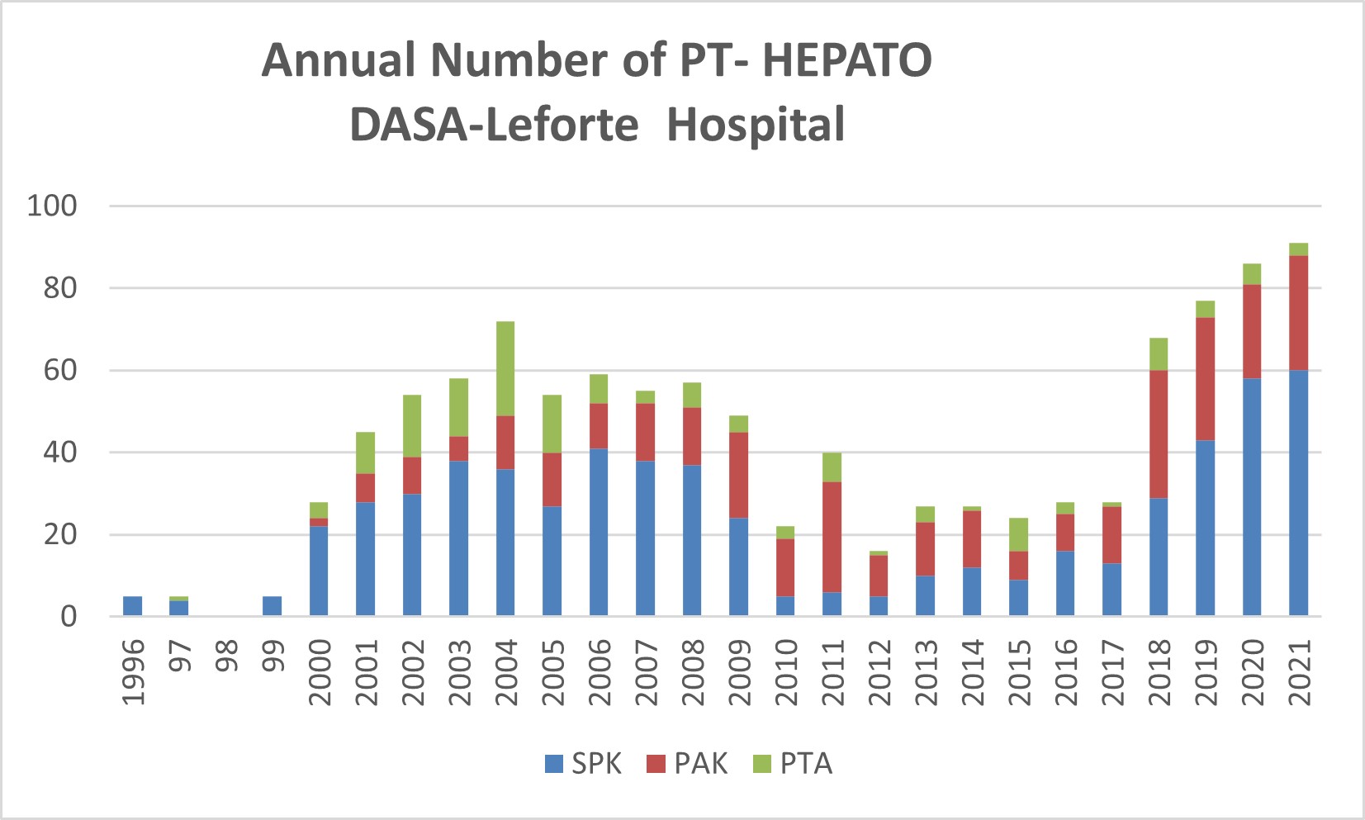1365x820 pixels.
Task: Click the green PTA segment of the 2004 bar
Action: pyautogui.click(x=505, y=368)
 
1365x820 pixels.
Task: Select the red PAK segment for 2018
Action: pyautogui.click(x=1158, y=434)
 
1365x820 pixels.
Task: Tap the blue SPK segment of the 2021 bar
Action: pyautogui.click(x=1298, y=493)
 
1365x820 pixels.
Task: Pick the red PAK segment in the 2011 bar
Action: pyautogui.click(x=832, y=537)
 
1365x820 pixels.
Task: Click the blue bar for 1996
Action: pyautogui.click(x=132, y=606)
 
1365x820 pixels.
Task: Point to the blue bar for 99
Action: pyautogui.click(x=272, y=606)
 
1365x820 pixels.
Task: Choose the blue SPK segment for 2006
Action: pyautogui.click(x=599, y=533)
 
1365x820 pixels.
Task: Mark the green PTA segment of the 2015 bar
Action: pyautogui.click(x=1018, y=534)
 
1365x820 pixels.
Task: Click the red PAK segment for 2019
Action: pyautogui.click(x=1205, y=379)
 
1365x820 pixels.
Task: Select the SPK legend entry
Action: pyautogui.click(x=583, y=764)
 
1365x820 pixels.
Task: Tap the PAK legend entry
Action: pyautogui.click(x=687, y=764)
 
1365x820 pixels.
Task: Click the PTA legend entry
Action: pyautogui.click(x=793, y=764)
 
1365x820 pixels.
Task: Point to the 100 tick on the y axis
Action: pyautogui.click(x=52, y=206)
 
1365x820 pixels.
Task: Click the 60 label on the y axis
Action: pyautogui.click(x=60, y=370)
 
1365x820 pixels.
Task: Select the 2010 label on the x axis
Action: pyautogui.click(x=785, y=671)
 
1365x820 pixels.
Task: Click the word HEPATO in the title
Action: pyautogui.click(x=846, y=60)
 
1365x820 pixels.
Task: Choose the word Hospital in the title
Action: pyautogui.click(x=756, y=125)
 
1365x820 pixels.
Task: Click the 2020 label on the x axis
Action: pyautogui.click(x=1252, y=671)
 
